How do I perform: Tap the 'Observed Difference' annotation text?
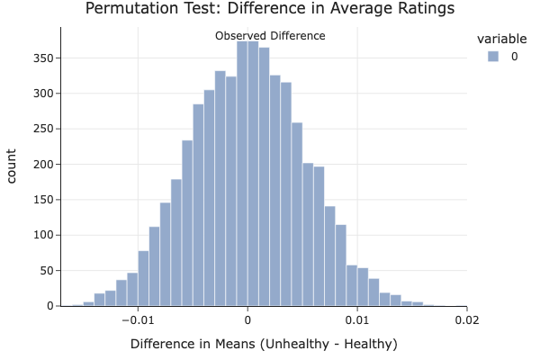point(270,36)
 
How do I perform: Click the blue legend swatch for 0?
point(492,57)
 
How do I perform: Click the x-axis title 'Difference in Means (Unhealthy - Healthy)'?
point(264,344)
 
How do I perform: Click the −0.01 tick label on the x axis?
point(136,319)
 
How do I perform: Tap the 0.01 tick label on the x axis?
point(357,319)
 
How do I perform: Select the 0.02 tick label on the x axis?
point(467,319)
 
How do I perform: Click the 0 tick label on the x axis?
point(247,319)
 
